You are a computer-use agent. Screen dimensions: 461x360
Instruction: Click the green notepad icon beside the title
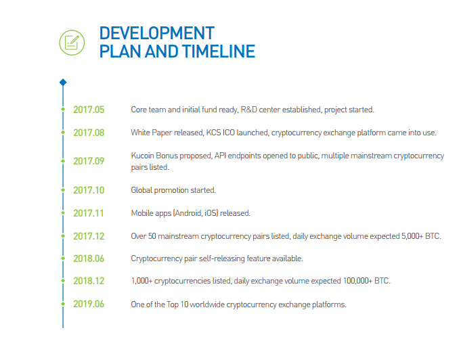pyautogui.click(x=72, y=43)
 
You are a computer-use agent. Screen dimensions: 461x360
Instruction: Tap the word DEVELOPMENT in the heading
pyautogui.click(x=156, y=33)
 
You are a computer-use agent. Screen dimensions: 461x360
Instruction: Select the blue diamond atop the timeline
pyautogui.click(x=63, y=83)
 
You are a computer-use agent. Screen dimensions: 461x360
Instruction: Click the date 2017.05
pyautogui.click(x=89, y=110)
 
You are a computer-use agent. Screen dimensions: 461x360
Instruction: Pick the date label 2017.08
pyautogui.click(x=89, y=133)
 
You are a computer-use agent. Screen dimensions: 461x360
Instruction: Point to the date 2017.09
pyautogui.click(x=89, y=161)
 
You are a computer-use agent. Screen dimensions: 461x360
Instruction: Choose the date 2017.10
pyautogui.click(x=89, y=190)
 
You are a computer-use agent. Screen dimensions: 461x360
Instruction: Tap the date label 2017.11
pyautogui.click(x=89, y=213)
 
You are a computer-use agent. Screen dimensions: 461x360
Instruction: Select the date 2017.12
pyautogui.click(x=89, y=236)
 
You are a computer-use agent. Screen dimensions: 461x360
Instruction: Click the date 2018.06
pyautogui.click(x=89, y=258)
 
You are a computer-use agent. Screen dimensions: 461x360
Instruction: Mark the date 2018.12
pyautogui.click(x=89, y=281)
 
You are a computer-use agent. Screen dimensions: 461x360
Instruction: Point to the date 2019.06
pyautogui.click(x=89, y=304)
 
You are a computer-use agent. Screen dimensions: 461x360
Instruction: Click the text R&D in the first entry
pyautogui.click(x=248, y=110)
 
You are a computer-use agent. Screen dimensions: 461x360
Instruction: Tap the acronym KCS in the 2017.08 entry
pyautogui.click(x=213, y=133)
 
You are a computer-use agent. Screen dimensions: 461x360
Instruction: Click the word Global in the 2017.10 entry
pyautogui.click(x=141, y=190)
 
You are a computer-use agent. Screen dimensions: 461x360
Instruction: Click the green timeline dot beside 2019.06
pyautogui.click(x=63, y=304)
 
